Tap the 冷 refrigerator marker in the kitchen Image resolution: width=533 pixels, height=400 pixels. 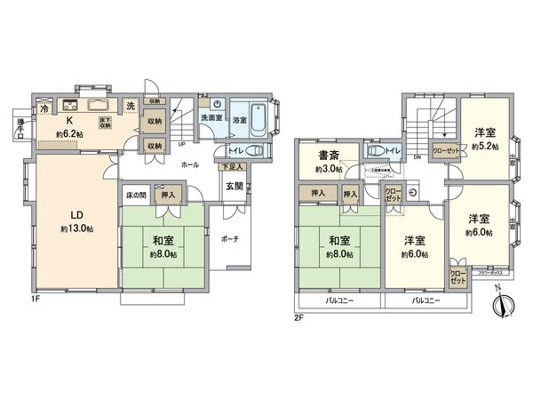pos(44,108)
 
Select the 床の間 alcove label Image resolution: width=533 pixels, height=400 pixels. pos(136,193)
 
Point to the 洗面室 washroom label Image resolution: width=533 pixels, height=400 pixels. pos(211,119)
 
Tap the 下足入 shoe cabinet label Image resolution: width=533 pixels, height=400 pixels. pos(232,166)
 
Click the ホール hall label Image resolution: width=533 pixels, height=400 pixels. pos(189,165)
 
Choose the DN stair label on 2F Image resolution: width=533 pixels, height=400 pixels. pos(418,158)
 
